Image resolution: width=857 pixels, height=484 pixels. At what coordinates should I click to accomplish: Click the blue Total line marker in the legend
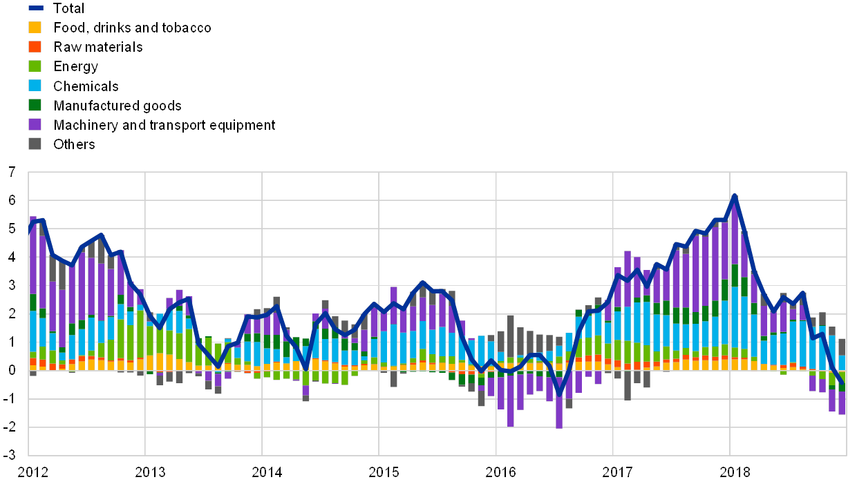coord(35,8)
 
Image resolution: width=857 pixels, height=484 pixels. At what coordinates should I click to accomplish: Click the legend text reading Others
coord(74,144)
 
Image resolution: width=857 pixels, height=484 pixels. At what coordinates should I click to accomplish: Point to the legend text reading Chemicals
coord(86,86)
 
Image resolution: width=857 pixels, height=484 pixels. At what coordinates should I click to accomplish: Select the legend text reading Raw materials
coord(98,47)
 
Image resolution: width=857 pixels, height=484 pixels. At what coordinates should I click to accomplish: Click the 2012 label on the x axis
coord(32,472)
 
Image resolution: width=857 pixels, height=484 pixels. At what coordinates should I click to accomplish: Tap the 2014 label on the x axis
coord(266,472)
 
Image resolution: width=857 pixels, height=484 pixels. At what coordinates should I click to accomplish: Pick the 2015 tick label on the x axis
coord(383,472)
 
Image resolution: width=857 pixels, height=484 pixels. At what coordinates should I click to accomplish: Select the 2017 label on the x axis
coord(617,472)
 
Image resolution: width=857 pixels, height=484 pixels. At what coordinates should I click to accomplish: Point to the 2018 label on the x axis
coord(734,472)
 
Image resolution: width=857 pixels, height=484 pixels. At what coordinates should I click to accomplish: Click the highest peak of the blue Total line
coord(734,195)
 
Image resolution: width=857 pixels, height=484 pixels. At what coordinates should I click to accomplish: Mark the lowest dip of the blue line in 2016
coord(559,394)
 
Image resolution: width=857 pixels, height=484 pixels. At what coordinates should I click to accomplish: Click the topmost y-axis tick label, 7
coord(12,173)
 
